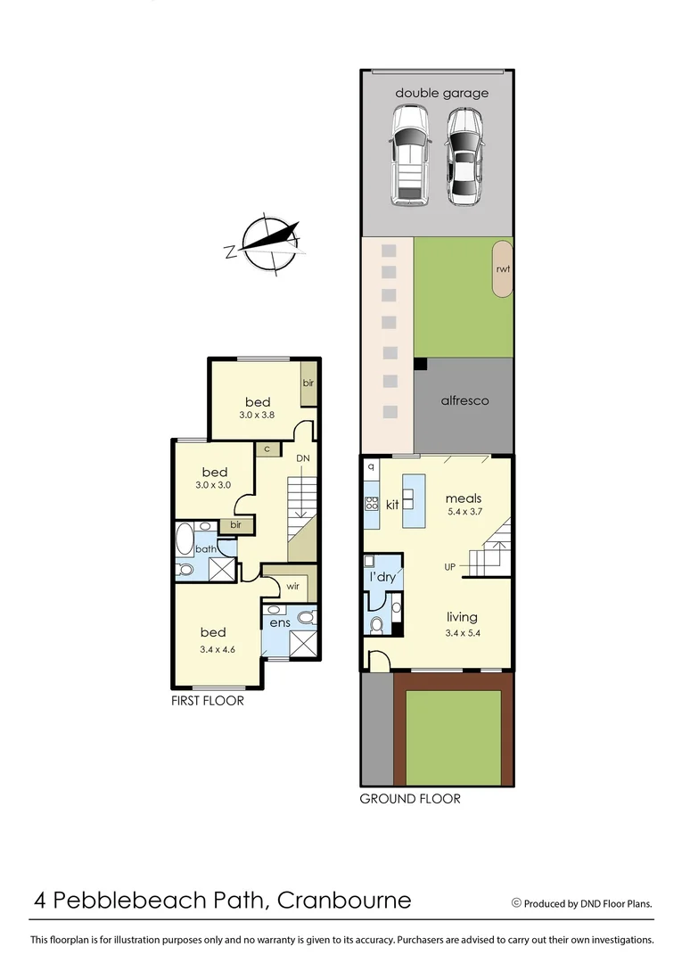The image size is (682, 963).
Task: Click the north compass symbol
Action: point(265,243)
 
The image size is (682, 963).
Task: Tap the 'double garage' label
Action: point(441,93)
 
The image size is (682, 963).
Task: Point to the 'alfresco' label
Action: point(464,400)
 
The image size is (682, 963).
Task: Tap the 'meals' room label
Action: point(464,498)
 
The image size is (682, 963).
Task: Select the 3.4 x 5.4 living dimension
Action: point(462,633)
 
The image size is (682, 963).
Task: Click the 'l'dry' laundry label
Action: point(382,577)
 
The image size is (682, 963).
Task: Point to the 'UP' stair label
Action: point(452,566)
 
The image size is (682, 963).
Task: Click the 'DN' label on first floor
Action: point(303,457)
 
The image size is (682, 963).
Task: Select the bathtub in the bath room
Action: point(185,540)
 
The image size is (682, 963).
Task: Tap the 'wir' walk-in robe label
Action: point(292,587)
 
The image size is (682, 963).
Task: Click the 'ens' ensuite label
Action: point(280,621)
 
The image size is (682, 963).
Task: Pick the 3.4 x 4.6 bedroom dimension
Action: point(218,649)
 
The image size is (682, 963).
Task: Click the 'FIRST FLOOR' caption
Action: point(207,701)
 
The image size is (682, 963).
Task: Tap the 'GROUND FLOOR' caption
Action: point(410,798)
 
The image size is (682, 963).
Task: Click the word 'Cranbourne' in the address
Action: point(345,900)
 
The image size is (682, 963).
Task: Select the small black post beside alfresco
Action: point(420,364)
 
